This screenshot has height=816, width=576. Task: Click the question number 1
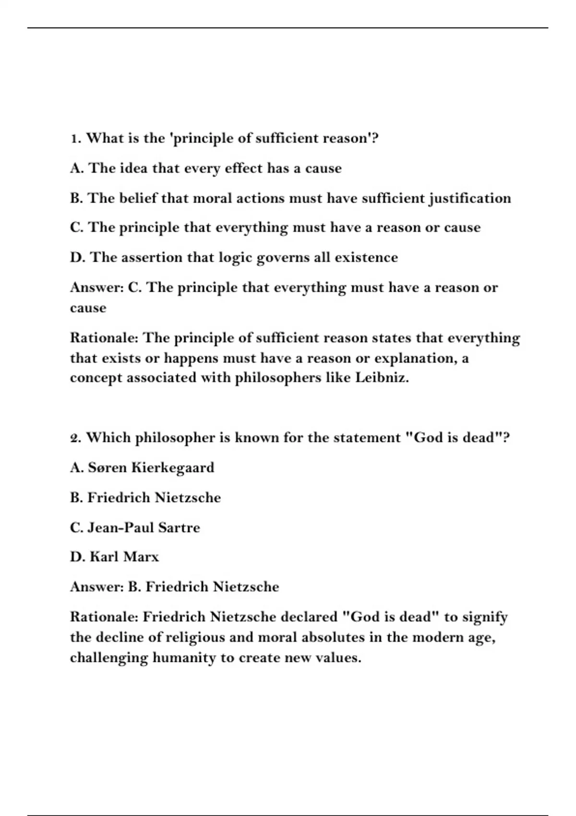pos(74,139)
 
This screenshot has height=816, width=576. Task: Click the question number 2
pos(75,438)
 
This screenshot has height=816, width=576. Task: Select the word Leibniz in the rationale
pos(382,378)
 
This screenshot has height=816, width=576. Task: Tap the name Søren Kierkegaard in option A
pos(151,468)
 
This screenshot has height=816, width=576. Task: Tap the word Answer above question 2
pos(97,288)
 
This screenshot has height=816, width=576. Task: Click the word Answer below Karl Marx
pos(97,587)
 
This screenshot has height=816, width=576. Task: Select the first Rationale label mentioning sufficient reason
pos(104,338)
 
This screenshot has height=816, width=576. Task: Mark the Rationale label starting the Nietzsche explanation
pos(104,617)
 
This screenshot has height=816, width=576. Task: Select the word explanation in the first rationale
pos(414,358)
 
